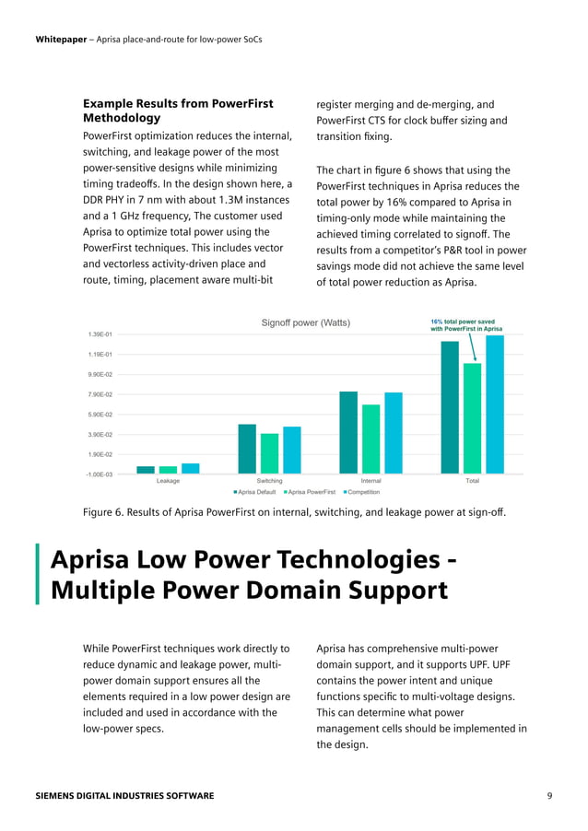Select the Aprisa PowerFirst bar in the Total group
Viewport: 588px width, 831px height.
(x=472, y=418)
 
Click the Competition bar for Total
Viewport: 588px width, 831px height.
(x=495, y=404)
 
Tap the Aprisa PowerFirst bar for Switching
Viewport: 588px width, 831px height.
(x=269, y=453)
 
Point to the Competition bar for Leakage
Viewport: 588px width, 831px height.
(x=191, y=468)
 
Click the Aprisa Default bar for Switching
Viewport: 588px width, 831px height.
(x=247, y=449)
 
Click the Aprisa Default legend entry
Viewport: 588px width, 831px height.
(x=254, y=492)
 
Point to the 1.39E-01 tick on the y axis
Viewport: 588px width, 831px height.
(x=100, y=334)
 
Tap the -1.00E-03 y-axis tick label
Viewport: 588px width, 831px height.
(x=100, y=474)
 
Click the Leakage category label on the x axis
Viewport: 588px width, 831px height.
(x=168, y=481)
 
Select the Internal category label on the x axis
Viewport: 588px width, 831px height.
(x=370, y=481)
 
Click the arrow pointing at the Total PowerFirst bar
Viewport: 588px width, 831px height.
(x=472, y=348)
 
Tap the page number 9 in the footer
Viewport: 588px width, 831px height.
(x=549, y=795)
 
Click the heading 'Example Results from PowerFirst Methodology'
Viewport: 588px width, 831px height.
(x=178, y=111)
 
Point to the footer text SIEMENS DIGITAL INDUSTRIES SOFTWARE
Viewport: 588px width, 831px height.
(x=124, y=795)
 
